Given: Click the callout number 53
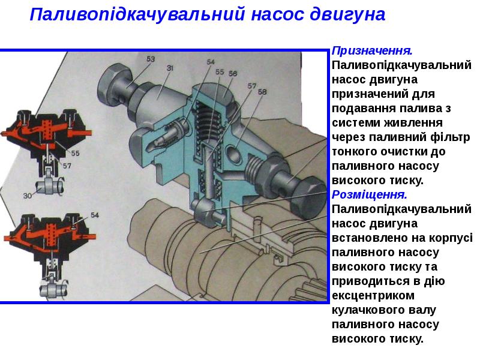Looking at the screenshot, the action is (x=151, y=59).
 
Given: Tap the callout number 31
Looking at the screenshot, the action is (x=170, y=68).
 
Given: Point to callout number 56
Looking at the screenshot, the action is (x=233, y=73).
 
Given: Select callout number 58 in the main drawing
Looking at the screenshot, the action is (x=262, y=92).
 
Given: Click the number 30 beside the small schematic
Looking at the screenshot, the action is (x=28, y=196).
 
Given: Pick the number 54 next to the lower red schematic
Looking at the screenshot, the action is (x=95, y=215).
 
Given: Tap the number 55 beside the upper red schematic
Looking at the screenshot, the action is (x=76, y=153).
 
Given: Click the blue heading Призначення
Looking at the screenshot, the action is (x=372, y=51).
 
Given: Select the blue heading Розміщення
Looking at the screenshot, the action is (x=370, y=194).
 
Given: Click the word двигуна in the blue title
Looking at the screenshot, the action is (x=347, y=14).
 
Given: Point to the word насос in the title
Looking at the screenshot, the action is (x=278, y=14).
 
